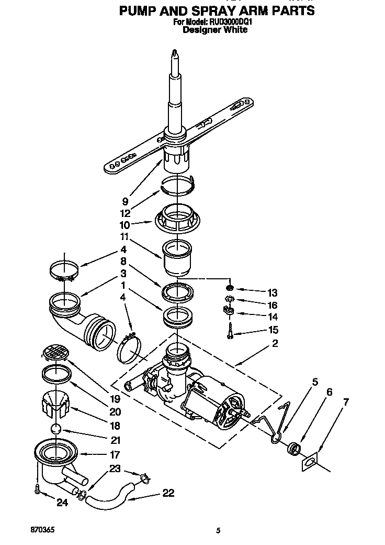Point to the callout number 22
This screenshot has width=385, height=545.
point(168,493)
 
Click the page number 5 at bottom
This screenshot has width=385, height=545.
point(218,530)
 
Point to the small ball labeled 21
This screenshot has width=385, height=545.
point(56,429)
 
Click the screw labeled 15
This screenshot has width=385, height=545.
point(230,331)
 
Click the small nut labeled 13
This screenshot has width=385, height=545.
point(230,288)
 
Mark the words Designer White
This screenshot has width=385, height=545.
point(215,30)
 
